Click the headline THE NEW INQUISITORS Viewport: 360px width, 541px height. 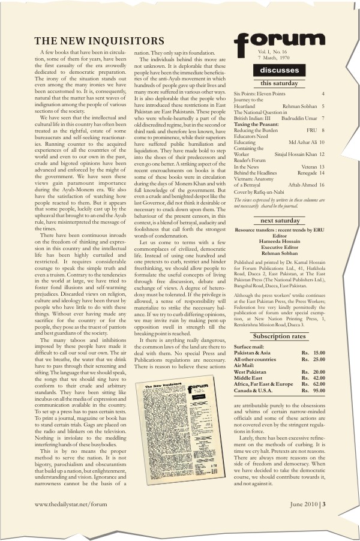click(x=100, y=41)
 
